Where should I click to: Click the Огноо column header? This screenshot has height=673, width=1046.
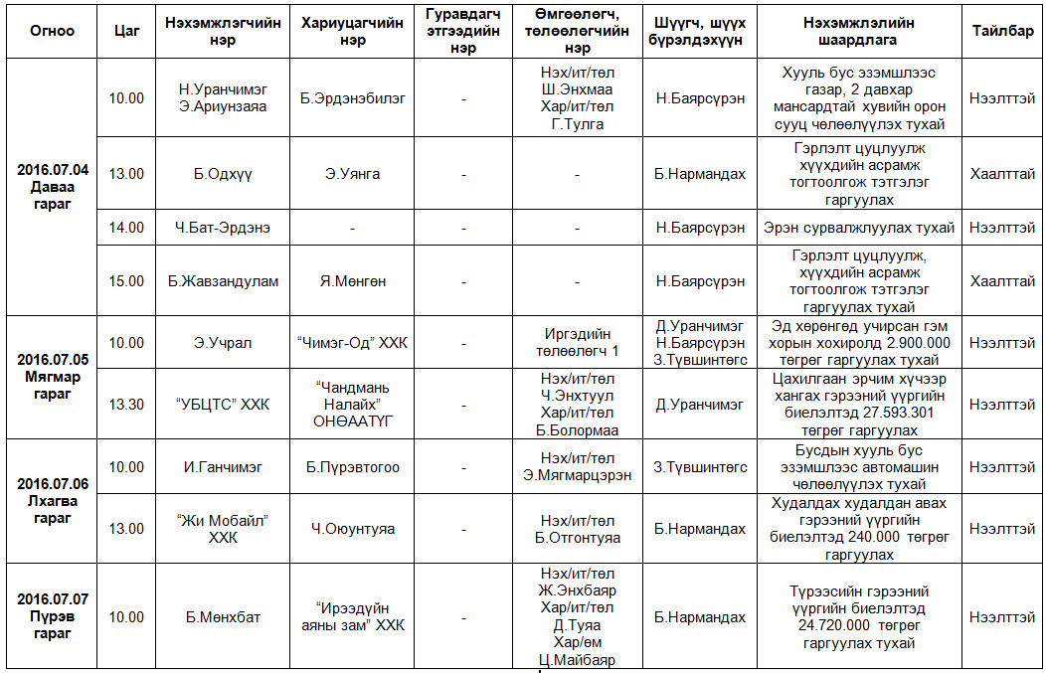click(x=53, y=31)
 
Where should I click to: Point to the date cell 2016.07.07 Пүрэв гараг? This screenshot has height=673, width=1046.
click(x=53, y=616)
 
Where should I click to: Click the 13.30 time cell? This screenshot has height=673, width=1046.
click(x=126, y=405)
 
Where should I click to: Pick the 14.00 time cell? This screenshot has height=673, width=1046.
click(x=126, y=228)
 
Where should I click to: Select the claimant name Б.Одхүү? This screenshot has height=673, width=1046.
click(x=223, y=174)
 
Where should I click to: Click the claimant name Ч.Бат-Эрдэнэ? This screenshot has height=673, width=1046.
click(x=223, y=228)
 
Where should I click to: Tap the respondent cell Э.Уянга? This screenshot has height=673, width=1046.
click(x=352, y=174)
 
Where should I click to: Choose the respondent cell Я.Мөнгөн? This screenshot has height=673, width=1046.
click(x=352, y=281)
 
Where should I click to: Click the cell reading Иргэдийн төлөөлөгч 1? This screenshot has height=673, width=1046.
click(x=577, y=343)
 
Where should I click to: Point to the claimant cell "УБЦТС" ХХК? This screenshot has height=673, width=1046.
click(x=223, y=405)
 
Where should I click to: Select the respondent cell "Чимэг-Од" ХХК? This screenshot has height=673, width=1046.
click(x=352, y=343)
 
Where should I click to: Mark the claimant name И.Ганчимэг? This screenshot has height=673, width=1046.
click(x=223, y=467)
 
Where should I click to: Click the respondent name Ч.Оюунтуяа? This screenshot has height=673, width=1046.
click(x=352, y=529)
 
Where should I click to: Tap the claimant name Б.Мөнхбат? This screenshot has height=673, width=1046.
click(x=223, y=617)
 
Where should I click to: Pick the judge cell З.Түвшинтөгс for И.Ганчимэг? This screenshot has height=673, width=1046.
click(x=700, y=467)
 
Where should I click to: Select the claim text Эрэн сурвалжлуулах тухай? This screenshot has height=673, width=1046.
click(x=859, y=228)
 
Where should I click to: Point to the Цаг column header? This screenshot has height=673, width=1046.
click(x=126, y=31)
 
